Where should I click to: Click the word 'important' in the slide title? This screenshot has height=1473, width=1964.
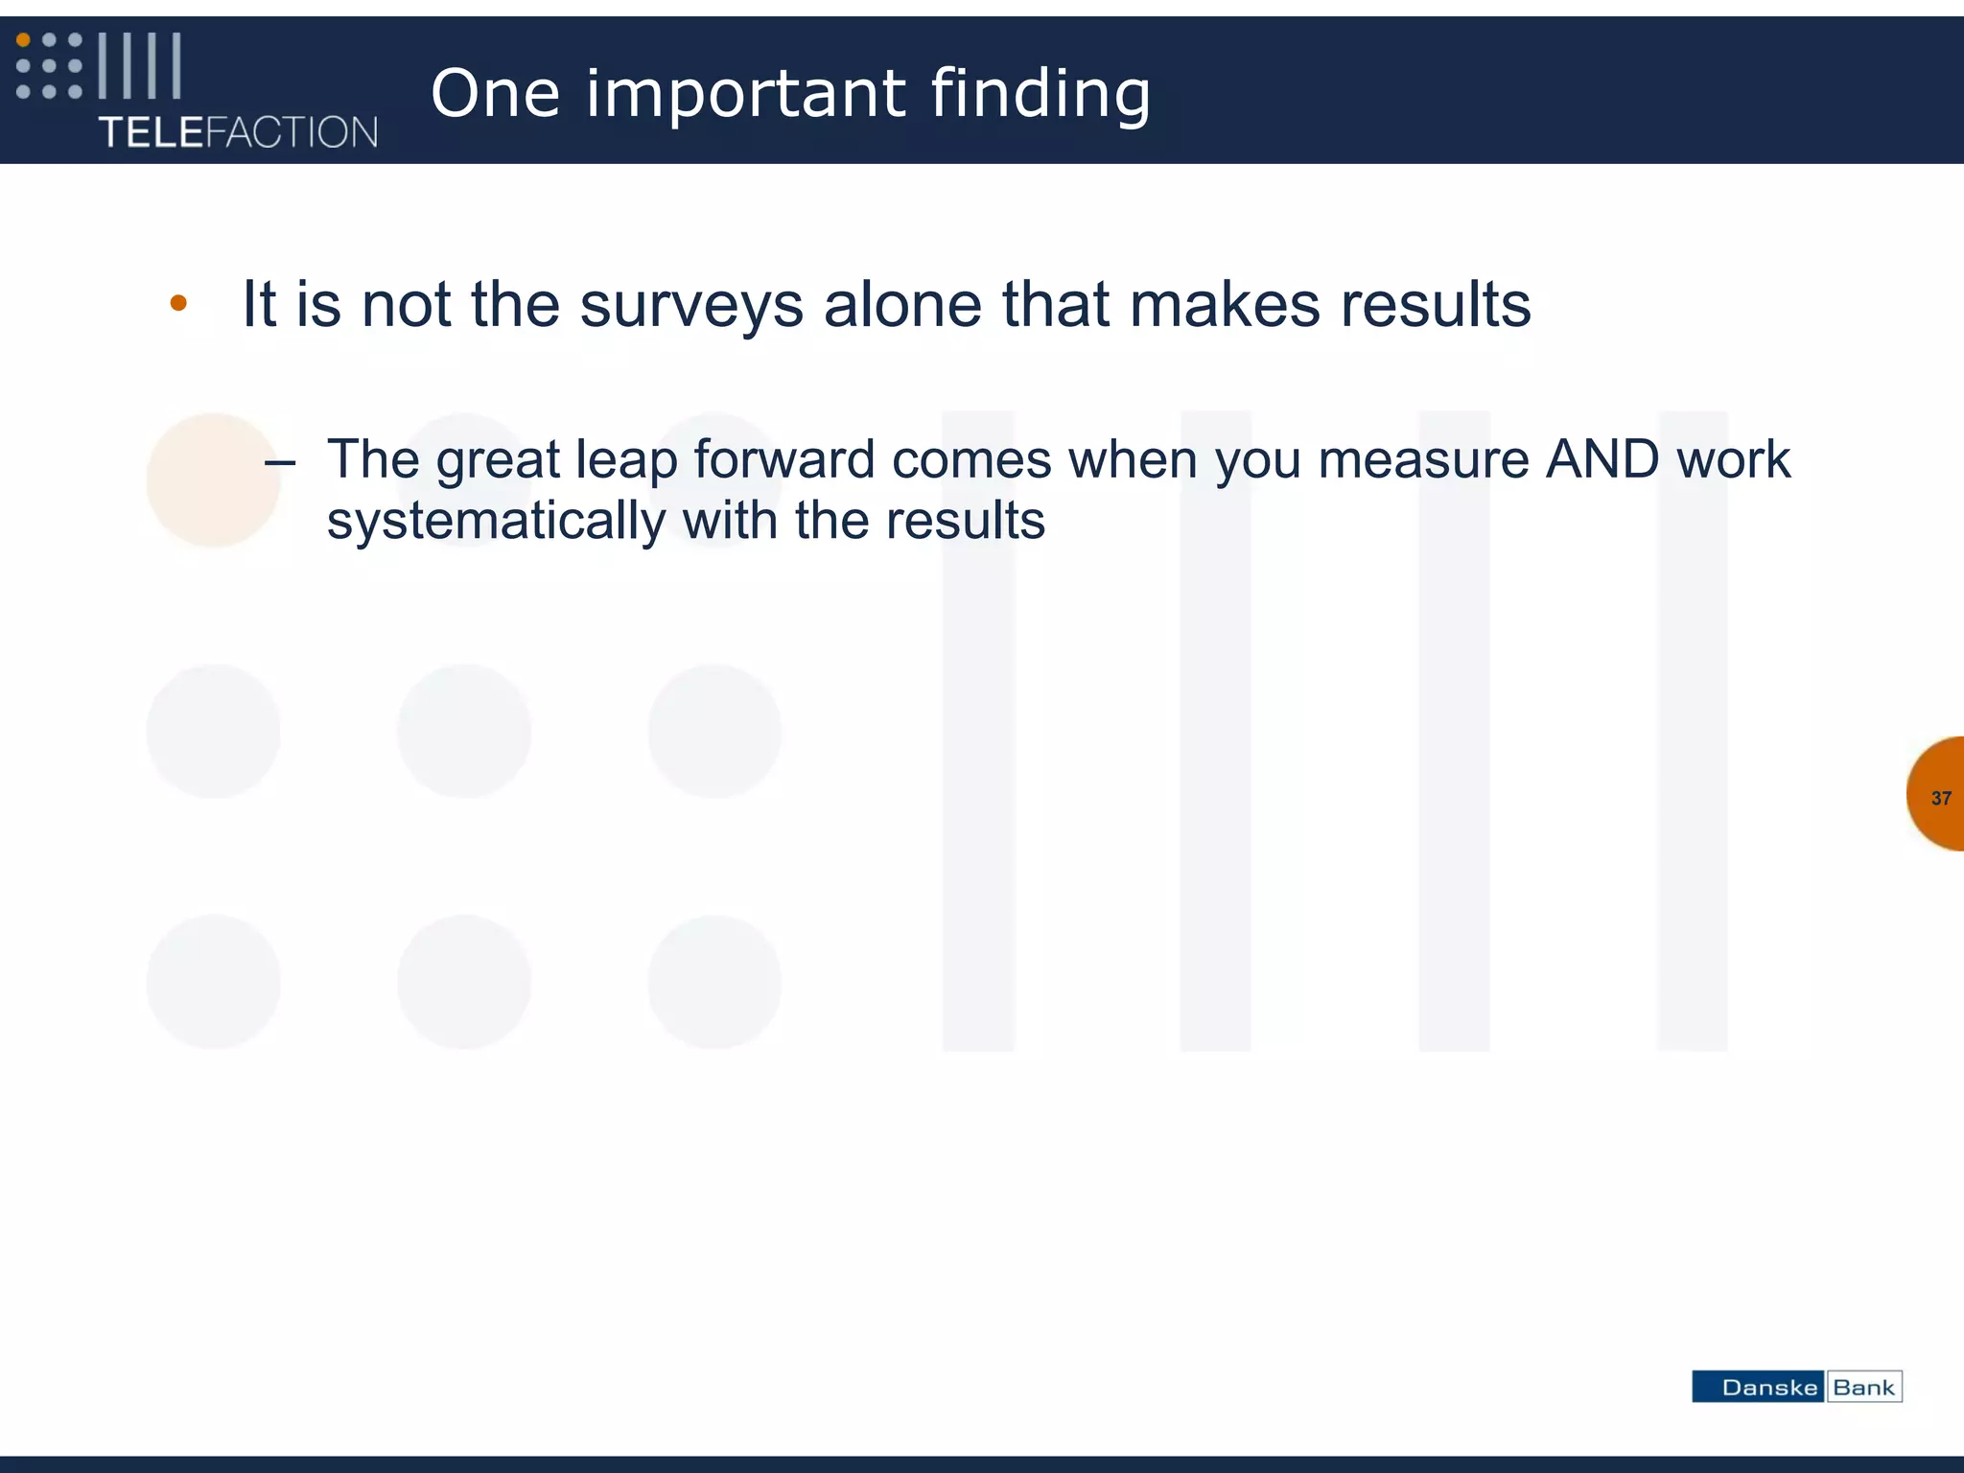(744, 94)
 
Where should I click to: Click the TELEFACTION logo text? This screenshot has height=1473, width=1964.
(238, 132)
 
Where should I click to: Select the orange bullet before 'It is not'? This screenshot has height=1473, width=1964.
(178, 304)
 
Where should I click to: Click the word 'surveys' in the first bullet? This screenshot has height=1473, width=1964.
(690, 305)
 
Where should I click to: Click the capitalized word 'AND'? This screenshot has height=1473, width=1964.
(1602, 458)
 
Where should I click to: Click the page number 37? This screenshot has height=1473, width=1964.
(1941, 798)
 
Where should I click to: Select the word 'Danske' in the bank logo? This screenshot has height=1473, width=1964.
(1769, 1388)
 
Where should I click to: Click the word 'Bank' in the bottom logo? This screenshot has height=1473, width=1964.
(1863, 1388)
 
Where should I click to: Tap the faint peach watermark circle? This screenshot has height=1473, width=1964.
(213, 479)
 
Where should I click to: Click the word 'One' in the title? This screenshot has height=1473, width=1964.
(495, 94)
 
